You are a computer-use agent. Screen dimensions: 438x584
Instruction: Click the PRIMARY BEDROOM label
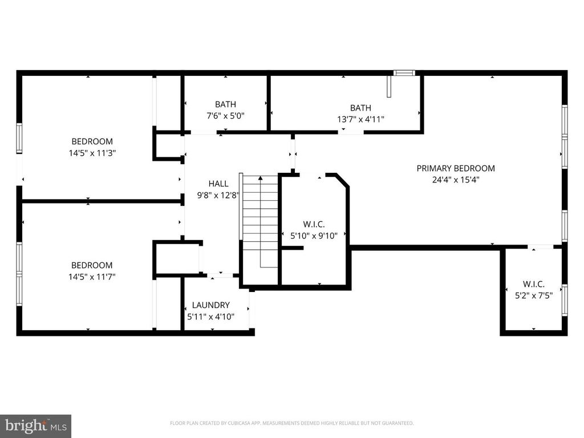[455, 168]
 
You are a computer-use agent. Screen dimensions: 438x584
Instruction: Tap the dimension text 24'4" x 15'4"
[455, 180]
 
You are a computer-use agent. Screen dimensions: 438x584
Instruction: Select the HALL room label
[218, 184]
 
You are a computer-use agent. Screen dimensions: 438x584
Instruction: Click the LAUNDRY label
[210, 305]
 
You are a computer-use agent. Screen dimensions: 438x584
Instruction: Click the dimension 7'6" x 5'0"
[225, 116]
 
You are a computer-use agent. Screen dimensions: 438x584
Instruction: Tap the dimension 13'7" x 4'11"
[360, 119]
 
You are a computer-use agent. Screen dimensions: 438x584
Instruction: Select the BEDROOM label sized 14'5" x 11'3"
[92, 141]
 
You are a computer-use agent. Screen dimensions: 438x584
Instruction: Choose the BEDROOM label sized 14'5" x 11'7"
[92, 265]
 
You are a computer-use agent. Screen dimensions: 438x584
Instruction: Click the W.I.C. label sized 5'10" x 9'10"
[314, 225]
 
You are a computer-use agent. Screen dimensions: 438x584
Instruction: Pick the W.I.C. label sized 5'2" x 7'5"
[533, 284]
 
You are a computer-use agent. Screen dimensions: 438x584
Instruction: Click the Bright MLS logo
[35, 425]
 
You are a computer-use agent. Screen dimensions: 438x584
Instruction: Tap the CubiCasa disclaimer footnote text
[291, 423]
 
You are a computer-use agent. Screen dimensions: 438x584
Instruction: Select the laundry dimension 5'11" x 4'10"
[210, 317]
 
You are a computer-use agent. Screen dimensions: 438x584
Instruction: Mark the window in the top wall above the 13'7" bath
[404, 73]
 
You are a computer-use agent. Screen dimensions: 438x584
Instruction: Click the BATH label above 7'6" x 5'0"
[225, 104]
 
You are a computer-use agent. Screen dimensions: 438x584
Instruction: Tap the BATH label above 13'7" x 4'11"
[360, 108]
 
